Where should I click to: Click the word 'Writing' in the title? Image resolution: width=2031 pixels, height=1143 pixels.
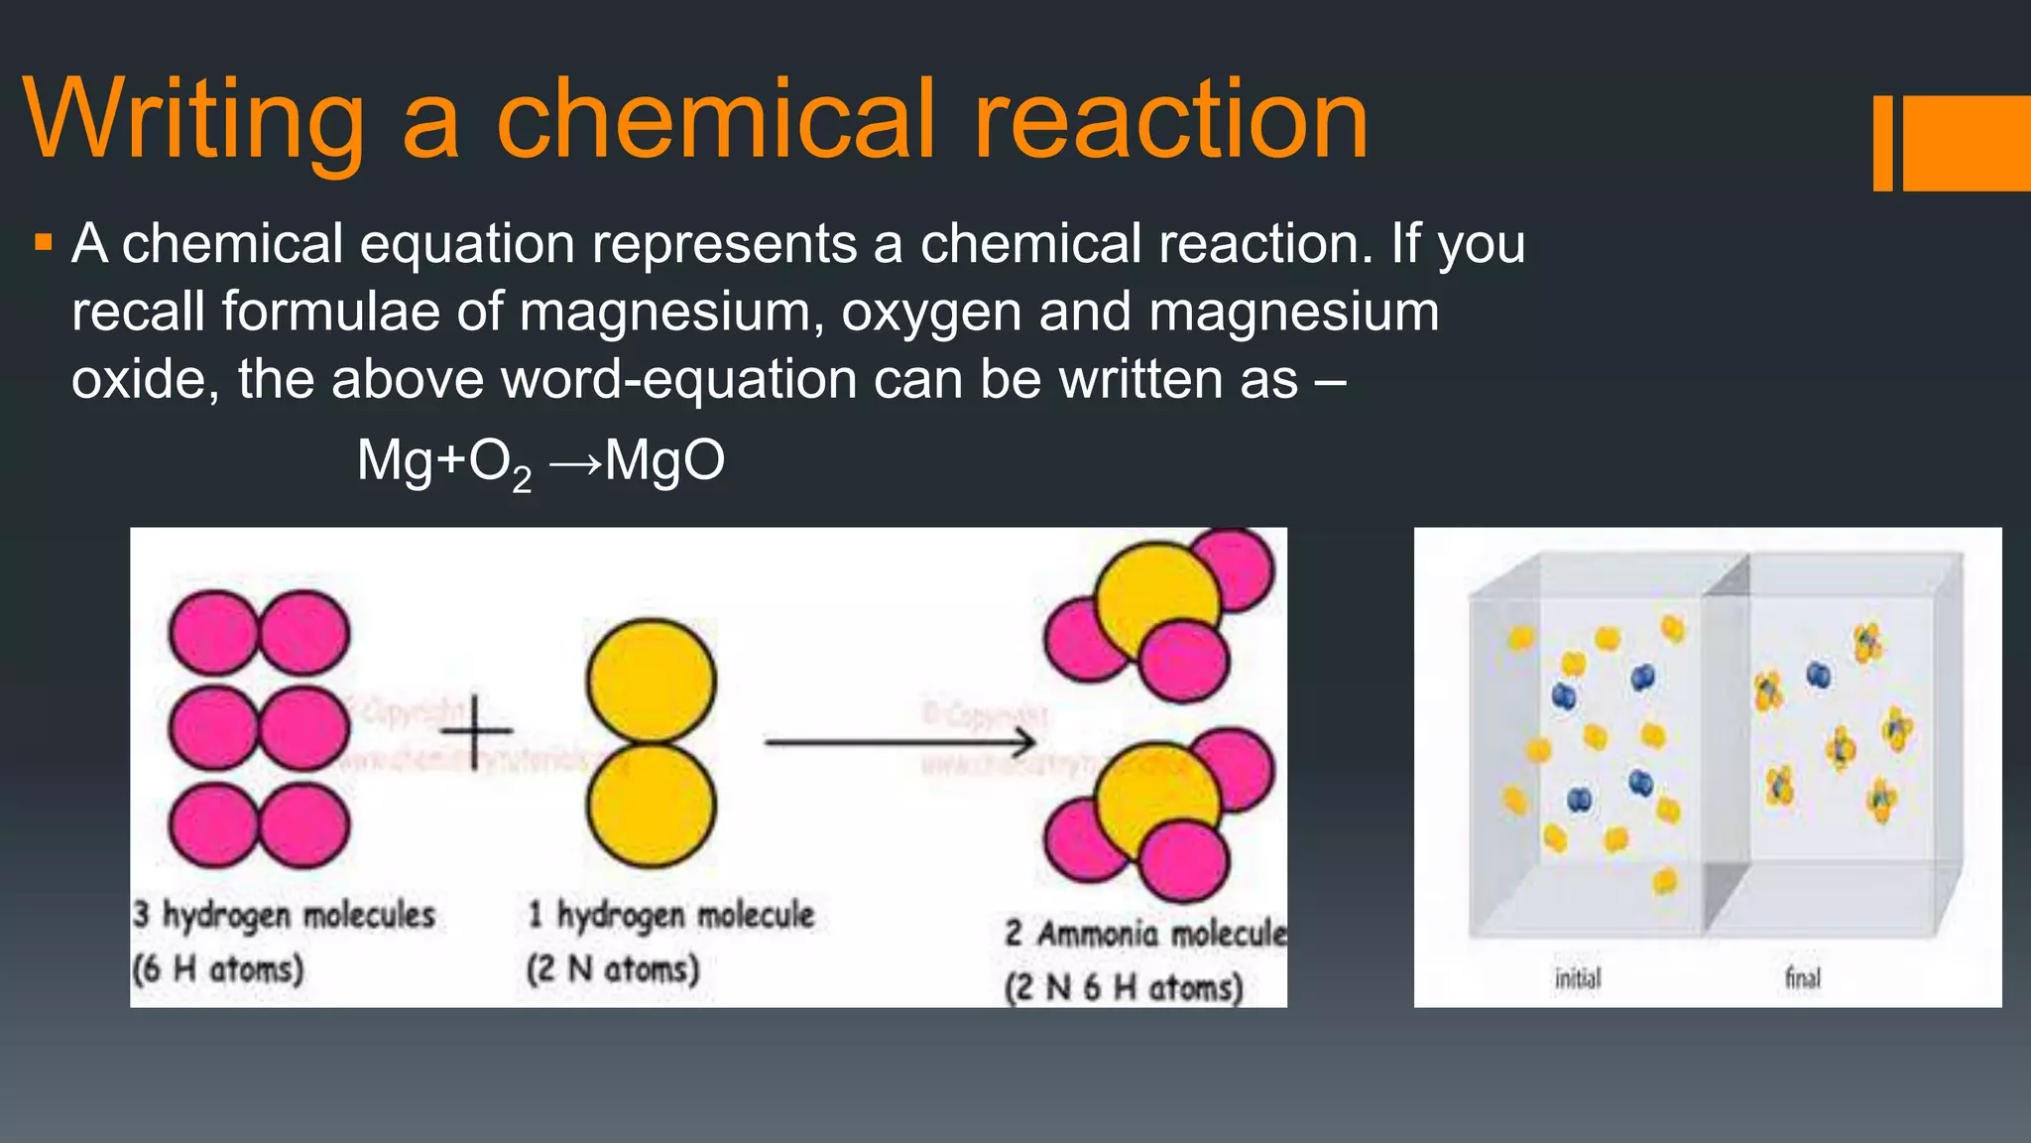click(x=193, y=122)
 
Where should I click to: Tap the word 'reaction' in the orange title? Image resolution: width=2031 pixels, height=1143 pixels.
click(x=1170, y=120)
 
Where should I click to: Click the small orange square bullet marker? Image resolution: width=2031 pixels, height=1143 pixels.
click(x=43, y=242)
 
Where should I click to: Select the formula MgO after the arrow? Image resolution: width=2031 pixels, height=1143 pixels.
click(x=664, y=461)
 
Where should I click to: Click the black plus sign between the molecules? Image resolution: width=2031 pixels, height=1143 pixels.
click(x=476, y=732)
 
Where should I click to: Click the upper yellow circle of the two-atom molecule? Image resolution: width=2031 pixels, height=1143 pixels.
click(x=651, y=681)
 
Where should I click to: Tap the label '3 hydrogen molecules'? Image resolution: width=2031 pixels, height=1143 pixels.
click(x=285, y=915)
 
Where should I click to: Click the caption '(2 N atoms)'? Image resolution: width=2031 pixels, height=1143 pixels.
click(x=613, y=968)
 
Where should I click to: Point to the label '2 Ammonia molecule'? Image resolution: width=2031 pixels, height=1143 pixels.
click(x=1145, y=934)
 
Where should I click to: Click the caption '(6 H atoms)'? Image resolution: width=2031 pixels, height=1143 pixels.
click(x=218, y=968)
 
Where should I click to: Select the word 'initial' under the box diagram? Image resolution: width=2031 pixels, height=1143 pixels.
click(x=1577, y=979)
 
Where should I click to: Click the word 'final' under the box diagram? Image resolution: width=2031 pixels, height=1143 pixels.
click(x=1803, y=978)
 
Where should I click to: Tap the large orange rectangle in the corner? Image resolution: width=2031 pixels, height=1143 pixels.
click(x=1967, y=143)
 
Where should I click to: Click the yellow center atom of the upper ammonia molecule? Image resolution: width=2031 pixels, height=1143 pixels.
click(x=1155, y=600)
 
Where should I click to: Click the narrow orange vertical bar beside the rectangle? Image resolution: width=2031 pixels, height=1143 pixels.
click(x=1882, y=143)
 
